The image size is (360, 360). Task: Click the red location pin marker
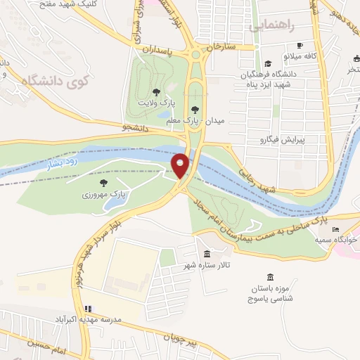tap(181, 166)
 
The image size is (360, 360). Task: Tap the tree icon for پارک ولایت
tap(156, 91)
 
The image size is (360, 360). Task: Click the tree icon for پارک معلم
tap(195, 109)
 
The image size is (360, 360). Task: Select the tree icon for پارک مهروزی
tap(103, 183)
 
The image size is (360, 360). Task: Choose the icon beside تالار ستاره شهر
tap(207, 254)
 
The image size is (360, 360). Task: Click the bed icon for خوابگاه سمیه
tap(335, 230)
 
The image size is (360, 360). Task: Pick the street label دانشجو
tap(134, 127)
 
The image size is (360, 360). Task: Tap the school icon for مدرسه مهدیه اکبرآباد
tap(89, 308)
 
